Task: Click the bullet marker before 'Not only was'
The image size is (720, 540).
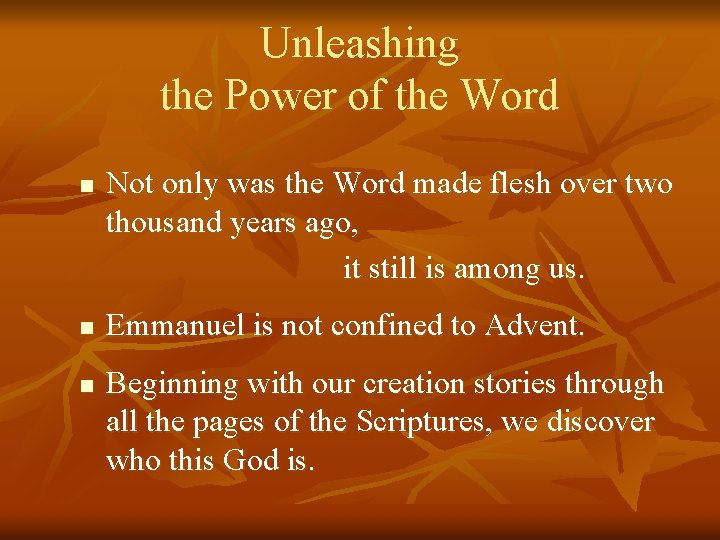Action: click(x=87, y=187)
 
